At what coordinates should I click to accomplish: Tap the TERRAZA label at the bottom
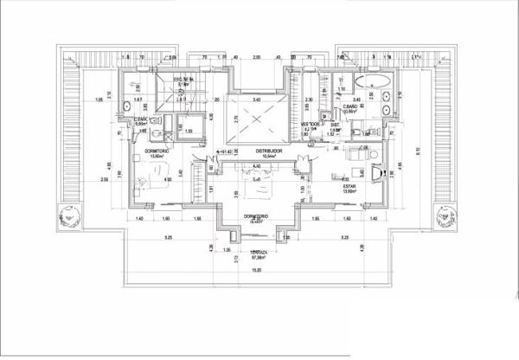click(258, 253)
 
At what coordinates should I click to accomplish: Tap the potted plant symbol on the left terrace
click(67, 216)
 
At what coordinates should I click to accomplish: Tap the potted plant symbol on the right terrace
click(450, 216)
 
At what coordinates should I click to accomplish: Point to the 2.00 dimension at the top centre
click(257, 57)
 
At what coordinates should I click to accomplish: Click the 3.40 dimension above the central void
click(257, 100)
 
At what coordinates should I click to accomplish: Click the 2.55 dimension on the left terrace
click(104, 180)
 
